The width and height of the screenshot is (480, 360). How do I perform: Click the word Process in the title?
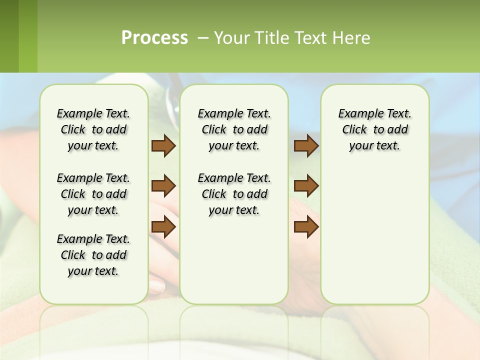point(154,37)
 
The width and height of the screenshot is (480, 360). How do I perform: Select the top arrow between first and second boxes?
point(163,146)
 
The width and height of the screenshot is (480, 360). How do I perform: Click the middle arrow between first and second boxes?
point(163,186)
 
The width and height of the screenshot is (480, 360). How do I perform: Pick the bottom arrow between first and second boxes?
point(163,227)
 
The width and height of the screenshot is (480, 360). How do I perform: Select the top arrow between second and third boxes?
point(306,146)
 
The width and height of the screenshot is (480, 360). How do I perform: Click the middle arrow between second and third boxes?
point(306,186)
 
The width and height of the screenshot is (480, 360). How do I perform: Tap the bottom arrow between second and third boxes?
point(306,227)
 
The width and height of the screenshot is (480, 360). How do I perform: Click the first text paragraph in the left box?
point(93,129)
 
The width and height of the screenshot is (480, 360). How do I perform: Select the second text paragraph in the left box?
point(93,194)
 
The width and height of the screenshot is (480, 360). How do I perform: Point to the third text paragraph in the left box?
point(93,255)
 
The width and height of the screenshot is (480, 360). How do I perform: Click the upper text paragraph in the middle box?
point(234,129)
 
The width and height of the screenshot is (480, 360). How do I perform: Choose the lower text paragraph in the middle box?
point(234,194)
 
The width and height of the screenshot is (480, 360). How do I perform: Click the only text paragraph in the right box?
point(374,129)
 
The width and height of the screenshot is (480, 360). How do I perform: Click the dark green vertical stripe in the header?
point(9,36)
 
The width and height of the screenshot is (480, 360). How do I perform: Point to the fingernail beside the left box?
point(157,287)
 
